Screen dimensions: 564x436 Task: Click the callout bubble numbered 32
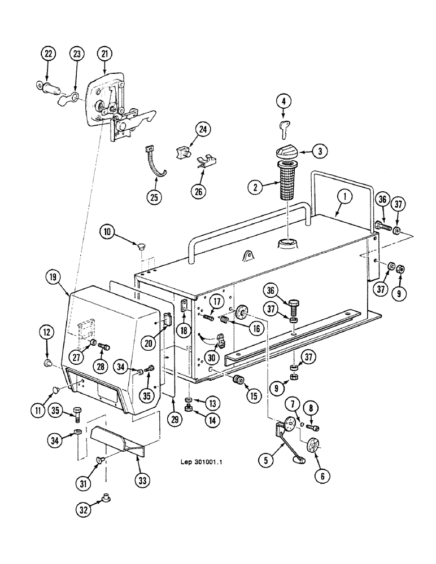point(104,512)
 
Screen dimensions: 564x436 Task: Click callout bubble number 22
point(47,54)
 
